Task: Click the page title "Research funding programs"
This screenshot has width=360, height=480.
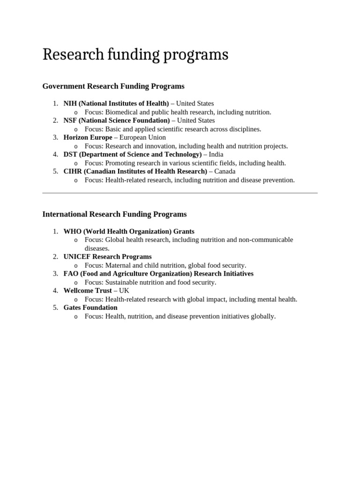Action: (135, 55)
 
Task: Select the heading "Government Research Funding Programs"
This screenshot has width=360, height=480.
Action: (113, 86)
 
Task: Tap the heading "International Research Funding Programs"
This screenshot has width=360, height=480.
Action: (114, 214)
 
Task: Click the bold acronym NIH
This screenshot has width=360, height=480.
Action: (70, 103)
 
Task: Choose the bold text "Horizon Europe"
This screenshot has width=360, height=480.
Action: (88, 137)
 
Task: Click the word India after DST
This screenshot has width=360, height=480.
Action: (216, 154)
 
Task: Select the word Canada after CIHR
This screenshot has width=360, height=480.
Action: (225, 172)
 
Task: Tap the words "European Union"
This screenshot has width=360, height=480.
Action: (142, 137)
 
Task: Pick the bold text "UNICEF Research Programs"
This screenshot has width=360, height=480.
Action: (107, 256)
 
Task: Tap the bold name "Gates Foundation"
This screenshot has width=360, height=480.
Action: (90, 307)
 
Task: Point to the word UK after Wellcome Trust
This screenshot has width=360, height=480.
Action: (124, 291)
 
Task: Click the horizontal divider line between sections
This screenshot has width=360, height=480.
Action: (180, 193)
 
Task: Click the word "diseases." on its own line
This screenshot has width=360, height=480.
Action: (97, 248)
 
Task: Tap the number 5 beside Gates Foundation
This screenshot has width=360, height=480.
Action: (55, 307)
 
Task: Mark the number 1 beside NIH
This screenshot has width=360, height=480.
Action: (55, 103)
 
